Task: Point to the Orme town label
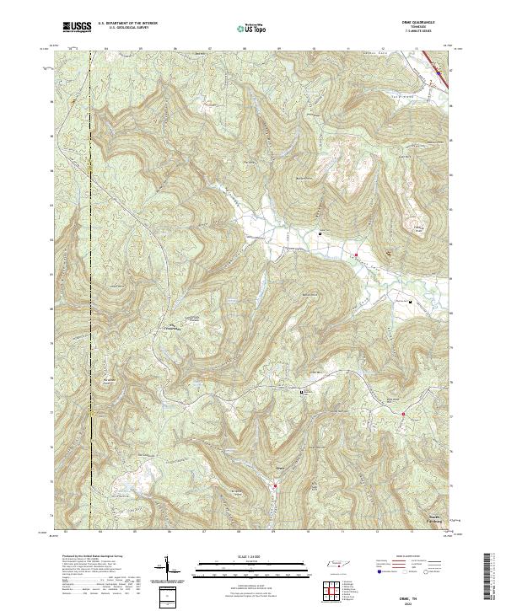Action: click(280, 466)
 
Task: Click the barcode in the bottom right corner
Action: click(492, 580)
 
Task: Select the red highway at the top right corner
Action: click(440, 68)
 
